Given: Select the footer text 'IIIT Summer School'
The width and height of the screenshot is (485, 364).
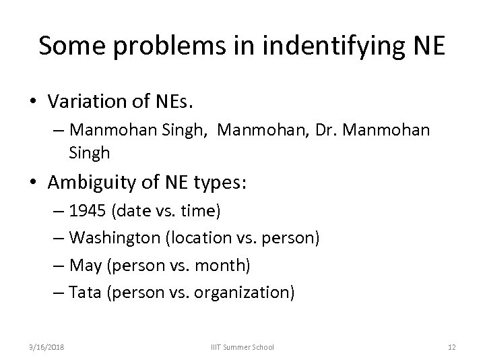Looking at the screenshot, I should tap(243, 346).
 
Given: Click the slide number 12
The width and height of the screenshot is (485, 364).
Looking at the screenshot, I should tap(451, 346).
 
